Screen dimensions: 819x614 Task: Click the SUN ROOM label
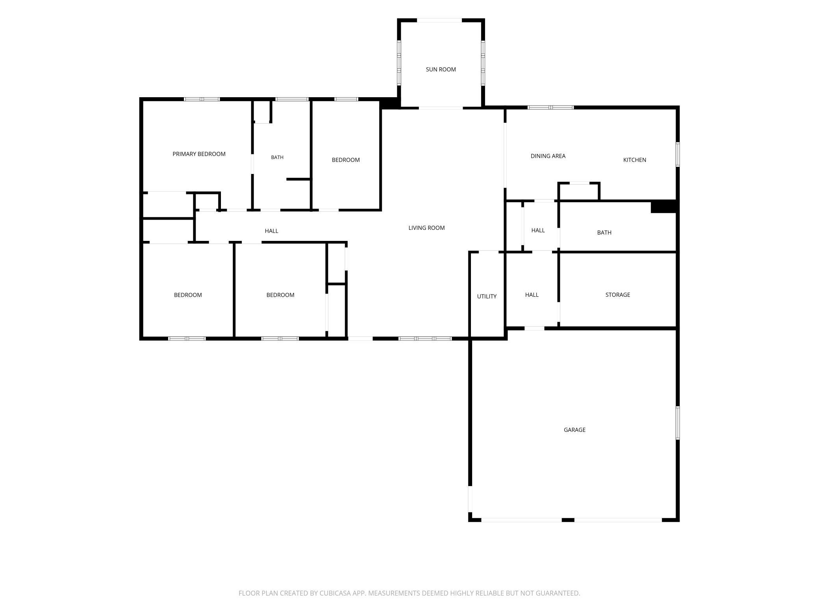[441, 69]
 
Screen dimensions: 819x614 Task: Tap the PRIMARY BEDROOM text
[199, 154]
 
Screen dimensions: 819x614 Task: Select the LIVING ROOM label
[426, 227]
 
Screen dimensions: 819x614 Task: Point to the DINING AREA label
[548, 156]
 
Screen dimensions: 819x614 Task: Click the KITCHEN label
[634, 160]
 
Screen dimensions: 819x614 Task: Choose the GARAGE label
[574, 430]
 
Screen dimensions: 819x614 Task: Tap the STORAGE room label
[617, 294]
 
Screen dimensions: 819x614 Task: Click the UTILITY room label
[487, 296]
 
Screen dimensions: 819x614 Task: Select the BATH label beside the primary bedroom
[277, 157]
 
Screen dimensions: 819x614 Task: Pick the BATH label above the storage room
[604, 233]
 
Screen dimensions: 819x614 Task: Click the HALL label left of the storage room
[532, 294]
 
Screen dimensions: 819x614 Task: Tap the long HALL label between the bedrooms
[271, 231]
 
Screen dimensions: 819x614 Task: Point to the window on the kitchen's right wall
[678, 154]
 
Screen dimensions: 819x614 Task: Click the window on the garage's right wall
[678, 423]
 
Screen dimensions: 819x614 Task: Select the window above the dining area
[550, 107]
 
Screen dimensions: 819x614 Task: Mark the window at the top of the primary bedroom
[202, 99]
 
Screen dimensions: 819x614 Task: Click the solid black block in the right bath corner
[663, 207]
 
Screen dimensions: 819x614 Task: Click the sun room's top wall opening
[439, 20]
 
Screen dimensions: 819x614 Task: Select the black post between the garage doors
[568, 520]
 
